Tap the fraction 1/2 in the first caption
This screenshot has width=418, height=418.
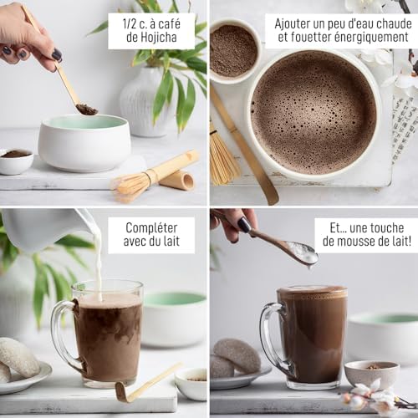click(130, 24)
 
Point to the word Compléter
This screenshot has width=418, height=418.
click(151, 228)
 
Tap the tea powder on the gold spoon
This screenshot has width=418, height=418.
click(87, 110)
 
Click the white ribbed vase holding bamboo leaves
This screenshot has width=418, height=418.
click(144, 102)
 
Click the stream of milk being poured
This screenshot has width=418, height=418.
click(98, 268)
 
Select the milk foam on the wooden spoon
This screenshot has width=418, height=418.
click(303, 252)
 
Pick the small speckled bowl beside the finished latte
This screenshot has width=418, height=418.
click(372, 375)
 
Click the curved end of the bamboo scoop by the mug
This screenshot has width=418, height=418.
click(124, 392)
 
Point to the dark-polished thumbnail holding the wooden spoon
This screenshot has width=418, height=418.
click(244, 224)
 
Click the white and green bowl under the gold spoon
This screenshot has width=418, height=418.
click(84, 143)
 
